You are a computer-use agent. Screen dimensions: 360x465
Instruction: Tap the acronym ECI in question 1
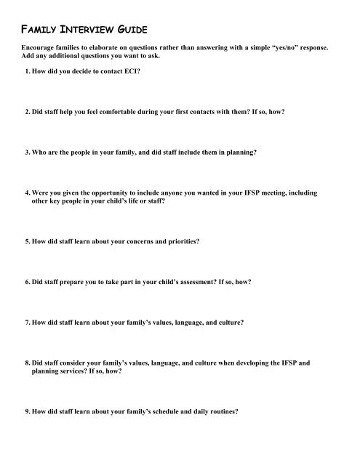tap(129, 74)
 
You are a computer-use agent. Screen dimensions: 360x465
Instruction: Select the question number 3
tap(25, 154)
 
